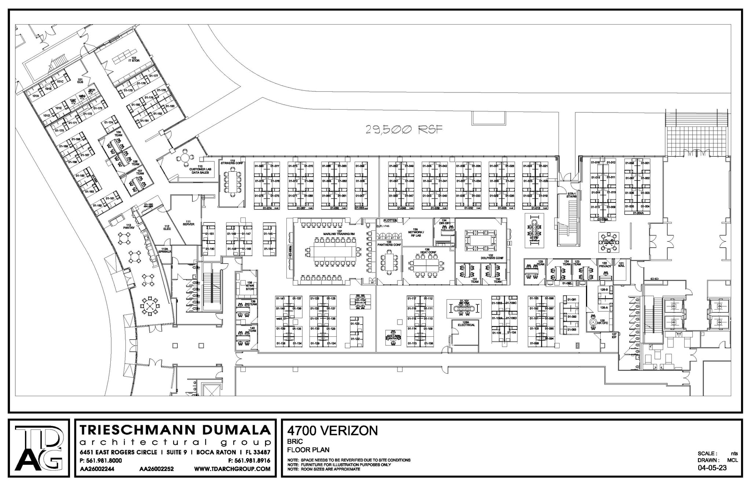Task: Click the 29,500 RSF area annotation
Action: coord(404,129)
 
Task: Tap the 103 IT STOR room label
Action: coord(134,59)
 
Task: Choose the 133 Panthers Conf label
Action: coord(389,244)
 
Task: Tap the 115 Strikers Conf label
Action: coord(232,162)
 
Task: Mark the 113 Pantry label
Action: coord(129,226)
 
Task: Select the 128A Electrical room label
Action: coord(466,324)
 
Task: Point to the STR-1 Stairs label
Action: coord(571,195)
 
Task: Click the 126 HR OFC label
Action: coord(602,321)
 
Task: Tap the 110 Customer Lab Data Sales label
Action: coord(200,169)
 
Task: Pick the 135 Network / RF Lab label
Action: coord(415,233)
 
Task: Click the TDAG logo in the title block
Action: coord(39,448)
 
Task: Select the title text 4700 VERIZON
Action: coord(332,430)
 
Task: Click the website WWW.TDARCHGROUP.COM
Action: coord(232,469)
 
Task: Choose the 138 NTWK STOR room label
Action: coord(250,286)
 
